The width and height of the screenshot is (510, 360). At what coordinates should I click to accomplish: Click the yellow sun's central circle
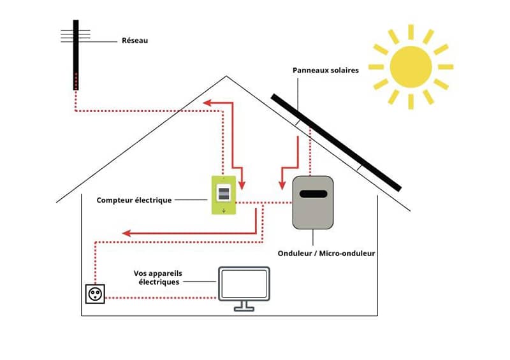pos(411,66)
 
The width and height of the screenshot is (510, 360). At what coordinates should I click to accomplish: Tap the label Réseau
pos(135,41)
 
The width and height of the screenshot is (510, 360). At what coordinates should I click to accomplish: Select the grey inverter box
pos(312,202)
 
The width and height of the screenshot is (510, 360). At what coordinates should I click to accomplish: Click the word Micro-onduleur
pos(348,253)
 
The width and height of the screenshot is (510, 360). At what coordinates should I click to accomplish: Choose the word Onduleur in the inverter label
pos(297,253)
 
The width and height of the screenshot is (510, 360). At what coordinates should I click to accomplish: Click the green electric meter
pos(224,194)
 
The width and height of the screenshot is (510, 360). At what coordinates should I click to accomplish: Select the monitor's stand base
pos(244,308)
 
